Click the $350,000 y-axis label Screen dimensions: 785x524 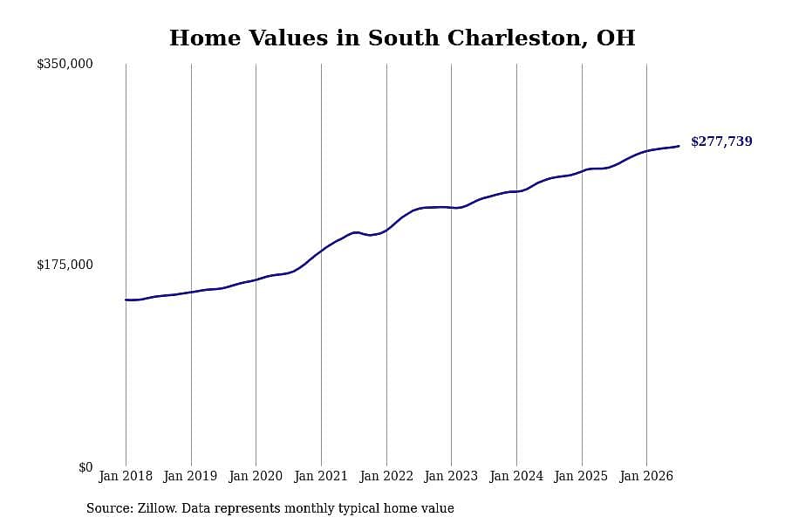tap(65, 64)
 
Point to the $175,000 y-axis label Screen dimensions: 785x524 tap(65, 265)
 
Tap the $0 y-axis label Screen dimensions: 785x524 tap(85, 467)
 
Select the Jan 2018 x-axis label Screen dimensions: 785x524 tap(126, 476)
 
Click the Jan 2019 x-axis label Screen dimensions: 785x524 tap(191, 476)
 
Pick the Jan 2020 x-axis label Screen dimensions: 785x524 tap(256, 476)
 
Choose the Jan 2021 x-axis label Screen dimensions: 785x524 tap(321, 476)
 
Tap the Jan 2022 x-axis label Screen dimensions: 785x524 tap(386, 476)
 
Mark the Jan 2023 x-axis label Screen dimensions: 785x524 tap(451, 476)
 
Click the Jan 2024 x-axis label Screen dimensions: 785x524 tap(516, 476)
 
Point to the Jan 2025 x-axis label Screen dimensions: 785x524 tap(581, 476)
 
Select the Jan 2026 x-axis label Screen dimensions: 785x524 tap(646, 476)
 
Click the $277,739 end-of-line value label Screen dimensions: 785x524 tap(721, 141)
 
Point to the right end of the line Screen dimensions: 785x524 tap(679, 146)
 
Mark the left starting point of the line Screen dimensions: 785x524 tap(126, 300)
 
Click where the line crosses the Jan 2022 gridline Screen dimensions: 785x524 tap(386, 231)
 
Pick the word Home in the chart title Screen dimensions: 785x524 tap(205, 38)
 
